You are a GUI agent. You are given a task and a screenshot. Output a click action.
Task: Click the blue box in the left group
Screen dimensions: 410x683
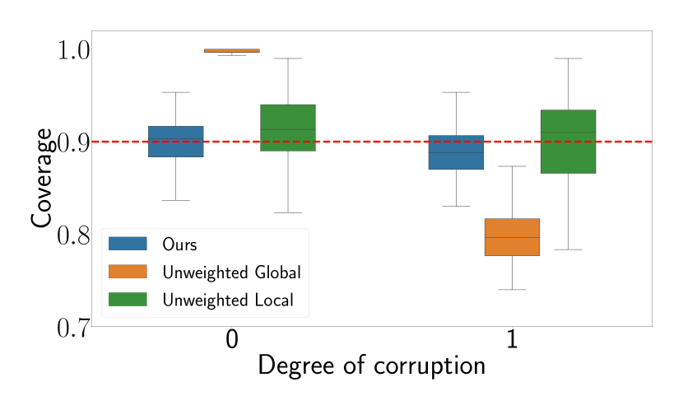(x=175, y=141)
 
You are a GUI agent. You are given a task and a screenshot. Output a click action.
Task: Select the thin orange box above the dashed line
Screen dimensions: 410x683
(x=231, y=50)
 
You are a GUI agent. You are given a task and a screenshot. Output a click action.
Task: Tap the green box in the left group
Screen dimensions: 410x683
(x=287, y=128)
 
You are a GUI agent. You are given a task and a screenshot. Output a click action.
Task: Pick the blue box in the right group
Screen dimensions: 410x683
(x=456, y=152)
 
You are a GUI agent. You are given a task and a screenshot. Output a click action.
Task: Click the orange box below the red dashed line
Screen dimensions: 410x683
(x=512, y=237)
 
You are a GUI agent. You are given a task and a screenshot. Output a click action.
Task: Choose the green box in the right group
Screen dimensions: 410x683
(x=568, y=142)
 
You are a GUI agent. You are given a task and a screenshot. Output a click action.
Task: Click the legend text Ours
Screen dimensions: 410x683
(x=179, y=245)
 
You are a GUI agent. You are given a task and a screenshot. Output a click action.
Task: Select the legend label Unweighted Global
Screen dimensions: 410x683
(x=231, y=273)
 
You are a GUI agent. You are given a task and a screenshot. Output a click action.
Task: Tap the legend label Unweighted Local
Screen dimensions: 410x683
(x=227, y=301)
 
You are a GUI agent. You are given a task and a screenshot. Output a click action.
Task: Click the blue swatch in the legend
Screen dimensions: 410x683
(x=128, y=244)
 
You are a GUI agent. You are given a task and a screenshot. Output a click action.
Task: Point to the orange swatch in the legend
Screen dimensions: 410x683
(x=128, y=272)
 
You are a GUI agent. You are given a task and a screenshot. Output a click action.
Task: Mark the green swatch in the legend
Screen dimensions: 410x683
(x=128, y=300)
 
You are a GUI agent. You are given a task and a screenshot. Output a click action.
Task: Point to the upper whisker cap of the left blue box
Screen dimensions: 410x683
(x=175, y=92)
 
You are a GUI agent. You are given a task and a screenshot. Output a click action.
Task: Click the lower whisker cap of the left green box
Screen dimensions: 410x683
(x=287, y=212)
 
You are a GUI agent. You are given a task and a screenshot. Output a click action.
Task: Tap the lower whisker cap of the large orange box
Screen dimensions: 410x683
(x=512, y=290)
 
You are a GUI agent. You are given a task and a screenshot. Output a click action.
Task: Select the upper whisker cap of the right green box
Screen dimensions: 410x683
(x=568, y=58)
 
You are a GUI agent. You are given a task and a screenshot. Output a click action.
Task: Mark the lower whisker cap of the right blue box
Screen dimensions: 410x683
(x=456, y=206)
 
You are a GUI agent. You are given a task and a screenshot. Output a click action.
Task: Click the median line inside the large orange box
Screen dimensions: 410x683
(x=512, y=237)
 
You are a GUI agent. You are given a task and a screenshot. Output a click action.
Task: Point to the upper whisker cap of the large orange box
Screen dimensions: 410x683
(x=512, y=166)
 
